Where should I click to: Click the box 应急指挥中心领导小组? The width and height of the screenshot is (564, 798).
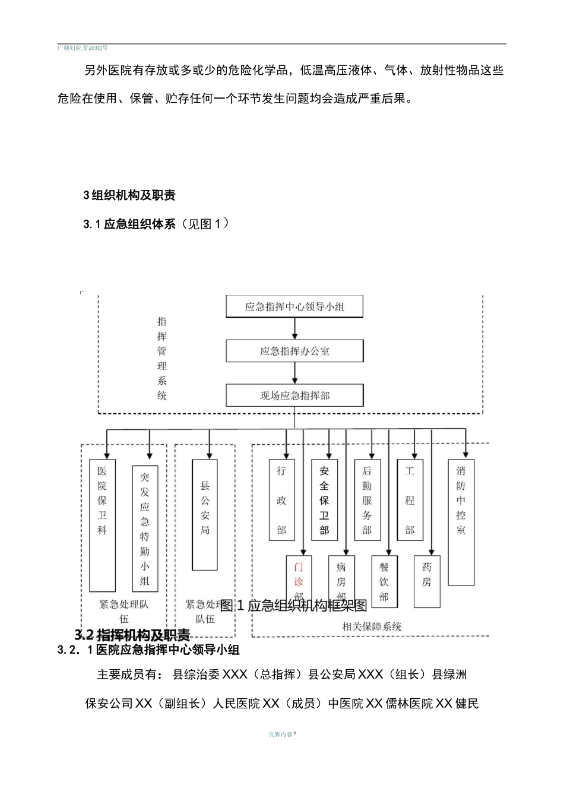click(x=294, y=307)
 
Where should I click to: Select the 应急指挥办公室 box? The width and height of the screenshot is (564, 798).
click(x=294, y=351)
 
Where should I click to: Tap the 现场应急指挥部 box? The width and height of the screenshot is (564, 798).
click(x=294, y=395)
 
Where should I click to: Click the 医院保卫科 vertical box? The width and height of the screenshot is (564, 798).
click(x=102, y=525)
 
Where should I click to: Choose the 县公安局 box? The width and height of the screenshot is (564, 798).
click(x=205, y=514)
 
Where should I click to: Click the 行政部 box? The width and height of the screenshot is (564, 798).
click(x=281, y=500)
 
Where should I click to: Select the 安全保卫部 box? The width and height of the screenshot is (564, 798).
click(x=324, y=500)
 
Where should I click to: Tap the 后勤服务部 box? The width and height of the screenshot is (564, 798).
click(x=367, y=500)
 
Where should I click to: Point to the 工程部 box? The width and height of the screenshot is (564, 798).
click(x=410, y=500)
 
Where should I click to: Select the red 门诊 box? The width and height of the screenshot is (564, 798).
click(x=299, y=575)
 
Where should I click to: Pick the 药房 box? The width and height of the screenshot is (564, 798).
click(x=427, y=581)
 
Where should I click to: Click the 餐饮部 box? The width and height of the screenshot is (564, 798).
click(x=384, y=581)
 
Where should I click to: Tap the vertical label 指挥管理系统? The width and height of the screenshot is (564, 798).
click(x=162, y=358)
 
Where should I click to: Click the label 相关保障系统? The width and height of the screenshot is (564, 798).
click(x=372, y=626)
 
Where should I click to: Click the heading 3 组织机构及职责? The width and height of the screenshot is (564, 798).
click(x=129, y=195)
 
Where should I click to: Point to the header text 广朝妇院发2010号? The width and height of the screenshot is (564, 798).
click(x=83, y=47)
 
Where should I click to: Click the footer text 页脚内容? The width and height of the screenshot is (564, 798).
click(x=280, y=734)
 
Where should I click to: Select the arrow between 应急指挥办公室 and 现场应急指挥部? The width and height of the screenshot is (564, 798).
click(x=295, y=373)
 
